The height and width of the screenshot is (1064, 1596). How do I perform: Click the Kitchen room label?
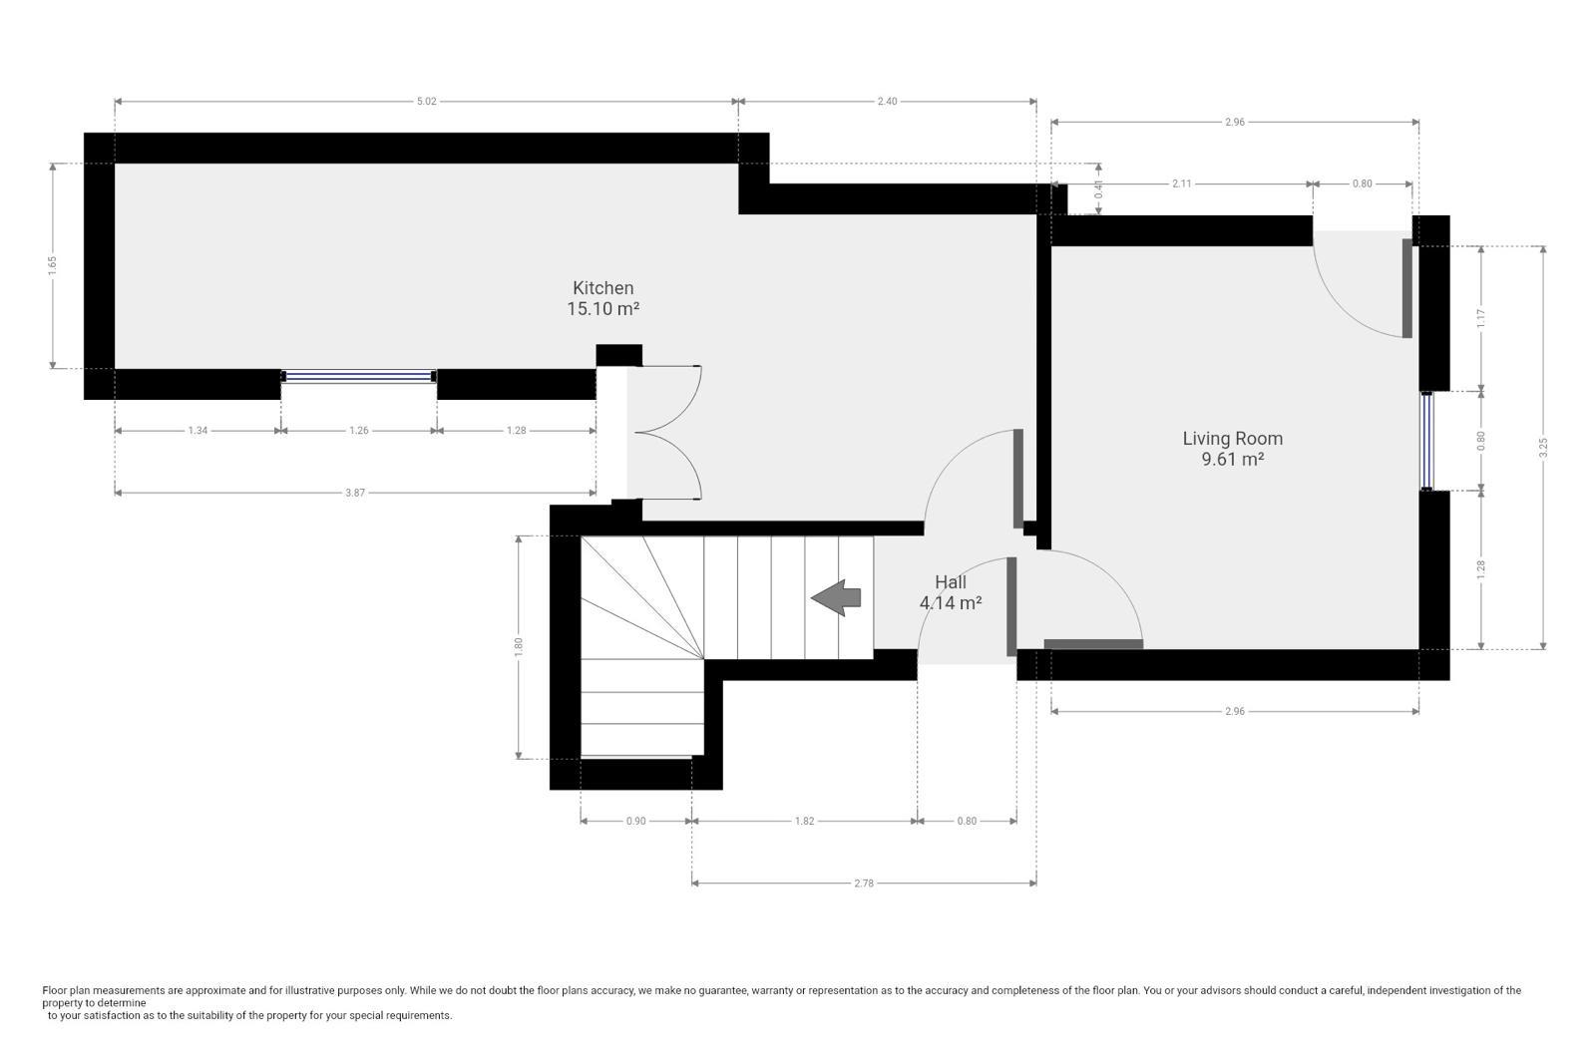602,288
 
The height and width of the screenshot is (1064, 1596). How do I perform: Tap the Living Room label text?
1233,439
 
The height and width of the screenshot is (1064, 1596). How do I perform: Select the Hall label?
951,581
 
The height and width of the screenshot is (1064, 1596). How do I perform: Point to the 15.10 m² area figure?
602,309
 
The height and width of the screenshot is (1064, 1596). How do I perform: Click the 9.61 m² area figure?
1233,460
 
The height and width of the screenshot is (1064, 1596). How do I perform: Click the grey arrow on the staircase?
836,597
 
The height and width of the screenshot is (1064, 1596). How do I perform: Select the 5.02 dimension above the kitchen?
426,101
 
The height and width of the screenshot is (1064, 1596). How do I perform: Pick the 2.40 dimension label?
887,101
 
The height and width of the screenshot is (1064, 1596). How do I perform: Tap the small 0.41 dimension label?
1098,189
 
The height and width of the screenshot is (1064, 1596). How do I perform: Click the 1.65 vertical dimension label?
52,265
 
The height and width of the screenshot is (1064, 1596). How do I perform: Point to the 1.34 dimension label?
198,430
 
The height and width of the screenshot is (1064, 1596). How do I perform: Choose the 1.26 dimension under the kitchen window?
359,430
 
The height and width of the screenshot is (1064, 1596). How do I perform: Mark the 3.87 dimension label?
355,493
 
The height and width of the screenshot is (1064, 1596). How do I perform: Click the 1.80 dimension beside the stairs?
519,646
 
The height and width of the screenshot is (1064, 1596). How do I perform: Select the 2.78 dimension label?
864,884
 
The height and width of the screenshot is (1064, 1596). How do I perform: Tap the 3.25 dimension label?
1543,448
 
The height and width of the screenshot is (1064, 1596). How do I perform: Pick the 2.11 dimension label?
1181,183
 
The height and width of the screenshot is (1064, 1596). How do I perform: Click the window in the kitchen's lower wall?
358,376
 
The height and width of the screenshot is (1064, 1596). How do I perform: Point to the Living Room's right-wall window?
1427,441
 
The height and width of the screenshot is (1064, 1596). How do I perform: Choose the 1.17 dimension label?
1481,318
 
